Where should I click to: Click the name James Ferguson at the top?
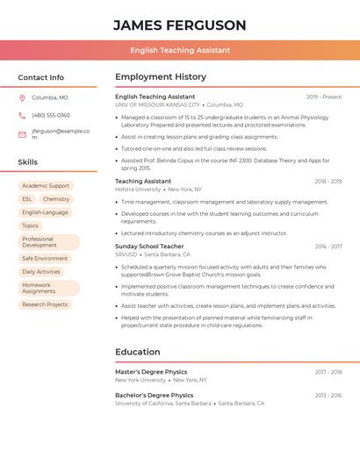pos(180,25)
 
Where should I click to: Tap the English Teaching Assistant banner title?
pos(180,50)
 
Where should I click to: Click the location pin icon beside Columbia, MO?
pos(22,97)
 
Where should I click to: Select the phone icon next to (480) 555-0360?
pos(22,115)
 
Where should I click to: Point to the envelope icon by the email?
pos(22,134)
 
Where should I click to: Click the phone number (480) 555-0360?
pos(51,115)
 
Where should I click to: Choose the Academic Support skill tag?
pos(46,186)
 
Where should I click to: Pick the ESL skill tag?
pos(27,199)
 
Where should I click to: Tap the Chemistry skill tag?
pos(56,199)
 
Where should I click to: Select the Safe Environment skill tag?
pos(45,259)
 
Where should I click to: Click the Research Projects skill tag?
pos(45,304)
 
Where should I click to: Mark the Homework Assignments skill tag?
pos(39,288)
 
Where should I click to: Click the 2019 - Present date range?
pos(324,97)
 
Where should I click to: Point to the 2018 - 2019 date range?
pos(328,182)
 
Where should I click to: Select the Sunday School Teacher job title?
pos(150,247)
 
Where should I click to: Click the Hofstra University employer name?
pos(138,190)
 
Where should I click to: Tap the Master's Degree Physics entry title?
pos(151,372)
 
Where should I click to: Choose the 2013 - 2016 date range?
pos(328,396)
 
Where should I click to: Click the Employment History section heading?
pos(161,77)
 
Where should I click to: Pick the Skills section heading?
pos(28,162)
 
